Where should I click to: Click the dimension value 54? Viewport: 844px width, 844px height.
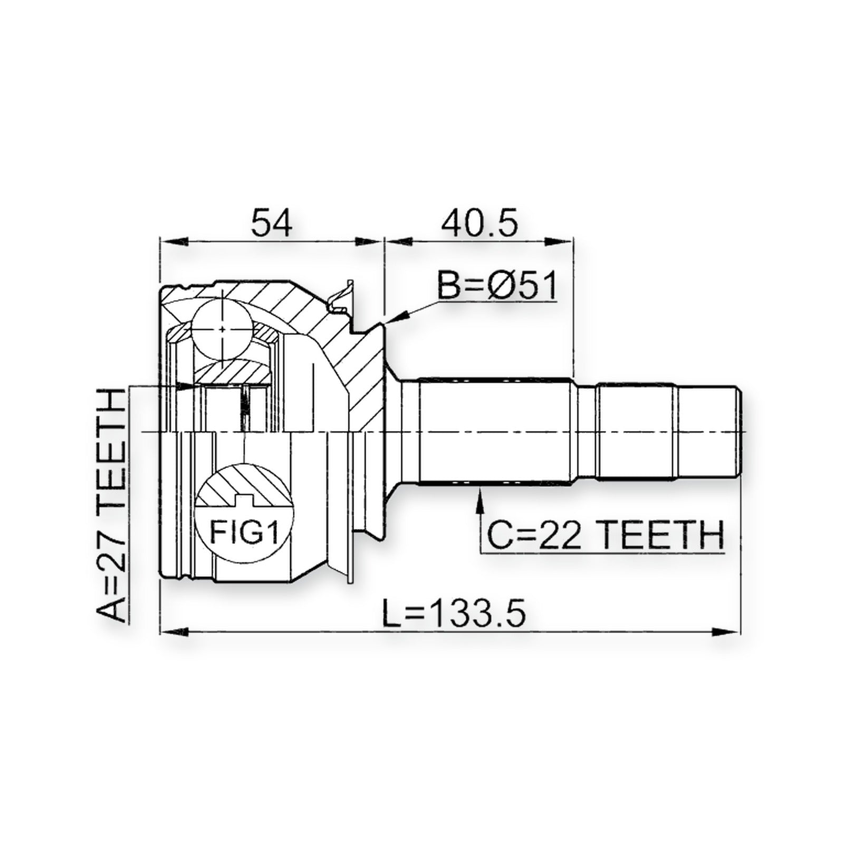click(x=272, y=222)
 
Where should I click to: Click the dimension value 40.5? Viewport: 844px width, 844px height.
click(x=479, y=222)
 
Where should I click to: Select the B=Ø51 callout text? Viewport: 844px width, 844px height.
click(x=497, y=286)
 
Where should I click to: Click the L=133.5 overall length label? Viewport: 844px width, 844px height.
click(x=454, y=612)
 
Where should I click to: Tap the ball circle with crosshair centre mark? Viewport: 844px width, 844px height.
click(x=222, y=329)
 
